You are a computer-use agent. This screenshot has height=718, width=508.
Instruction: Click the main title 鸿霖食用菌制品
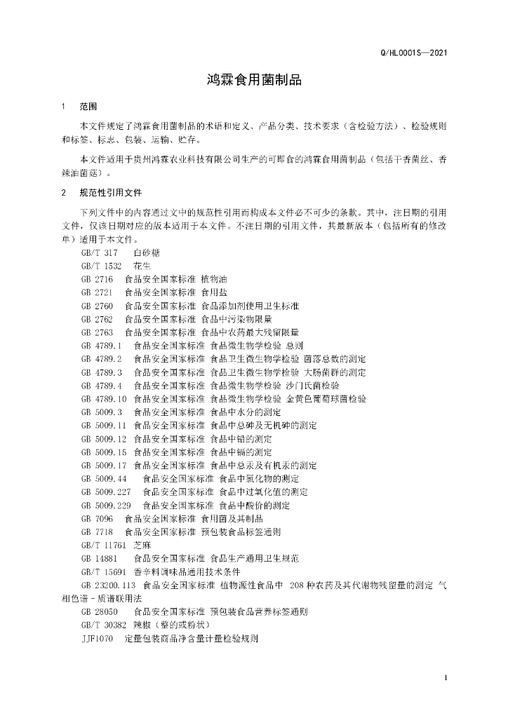(x=254, y=80)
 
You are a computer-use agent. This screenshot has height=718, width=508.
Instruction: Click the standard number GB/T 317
(x=99, y=252)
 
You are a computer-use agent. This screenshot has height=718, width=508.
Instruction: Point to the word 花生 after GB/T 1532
(x=142, y=266)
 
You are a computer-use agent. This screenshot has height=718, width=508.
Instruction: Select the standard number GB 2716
(x=97, y=279)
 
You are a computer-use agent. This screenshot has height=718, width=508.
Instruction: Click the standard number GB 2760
(x=97, y=306)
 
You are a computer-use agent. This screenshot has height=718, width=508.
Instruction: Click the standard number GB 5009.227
(x=106, y=492)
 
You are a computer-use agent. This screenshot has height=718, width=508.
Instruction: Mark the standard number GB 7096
(x=97, y=519)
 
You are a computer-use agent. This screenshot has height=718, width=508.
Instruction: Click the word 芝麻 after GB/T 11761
(x=142, y=546)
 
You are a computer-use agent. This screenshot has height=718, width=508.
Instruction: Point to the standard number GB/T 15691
(x=104, y=572)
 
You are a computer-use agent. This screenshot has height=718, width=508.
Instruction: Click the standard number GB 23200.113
(x=108, y=585)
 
